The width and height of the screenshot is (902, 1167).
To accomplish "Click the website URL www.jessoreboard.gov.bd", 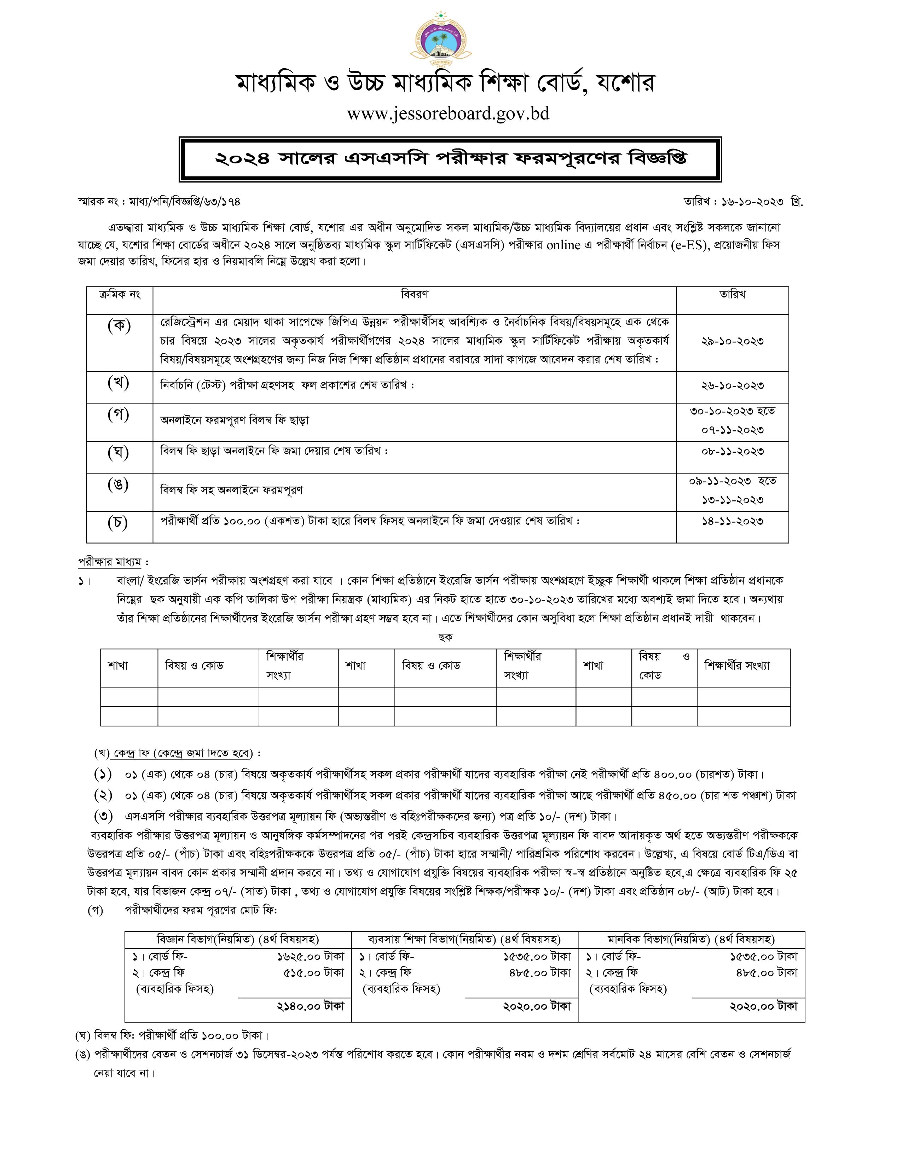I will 448,114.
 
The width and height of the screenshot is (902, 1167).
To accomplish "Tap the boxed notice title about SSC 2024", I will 450,159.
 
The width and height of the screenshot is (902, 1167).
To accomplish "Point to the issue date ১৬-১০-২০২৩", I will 753,202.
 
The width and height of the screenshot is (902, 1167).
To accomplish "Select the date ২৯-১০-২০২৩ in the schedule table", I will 732,342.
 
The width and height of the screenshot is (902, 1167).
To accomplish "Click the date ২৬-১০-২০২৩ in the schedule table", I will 732,385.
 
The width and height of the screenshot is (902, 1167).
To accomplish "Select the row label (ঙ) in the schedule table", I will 118,484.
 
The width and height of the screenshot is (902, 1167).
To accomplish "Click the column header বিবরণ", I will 414,295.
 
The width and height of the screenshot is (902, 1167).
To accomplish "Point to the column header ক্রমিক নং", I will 119,295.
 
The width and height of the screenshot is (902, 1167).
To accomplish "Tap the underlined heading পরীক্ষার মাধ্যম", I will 110,562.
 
